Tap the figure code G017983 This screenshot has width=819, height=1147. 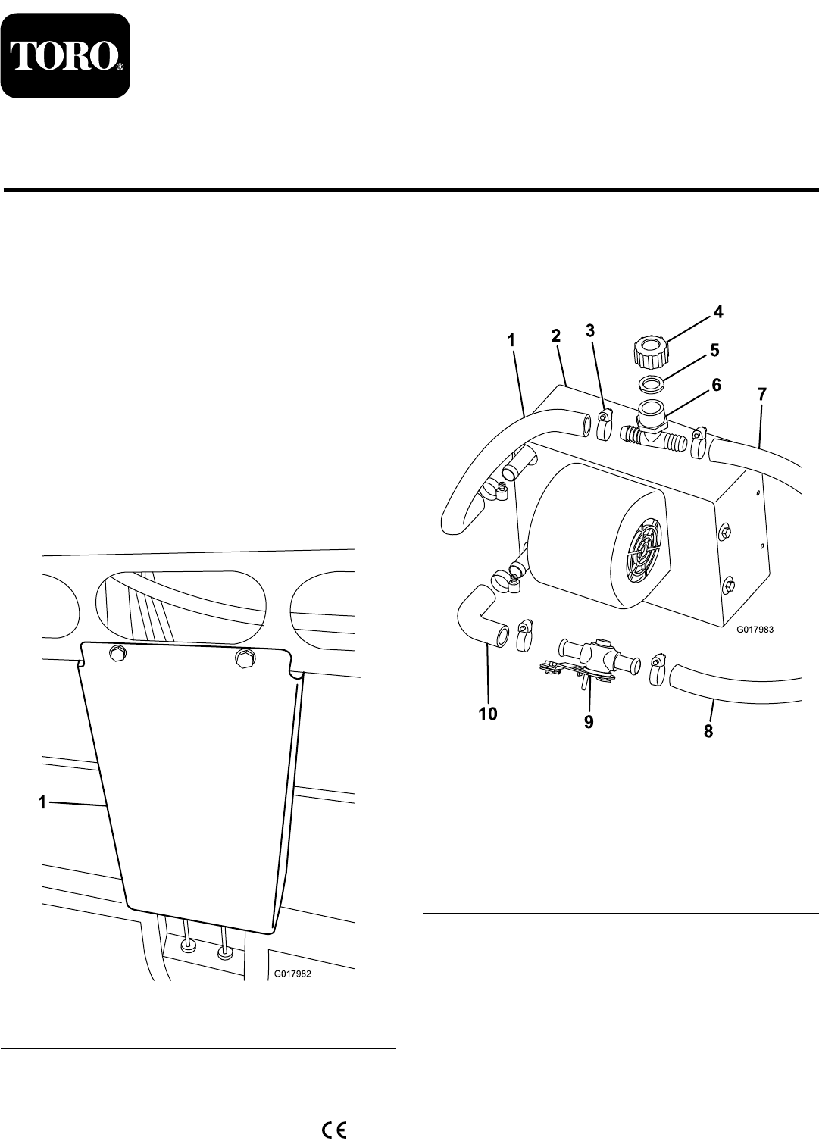coord(758,628)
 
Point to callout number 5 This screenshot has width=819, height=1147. coord(714,352)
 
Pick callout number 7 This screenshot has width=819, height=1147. coord(762,394)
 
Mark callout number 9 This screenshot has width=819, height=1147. coord(588,722)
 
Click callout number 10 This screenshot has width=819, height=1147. coord(488,713)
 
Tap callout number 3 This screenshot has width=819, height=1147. coord(590,331)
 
